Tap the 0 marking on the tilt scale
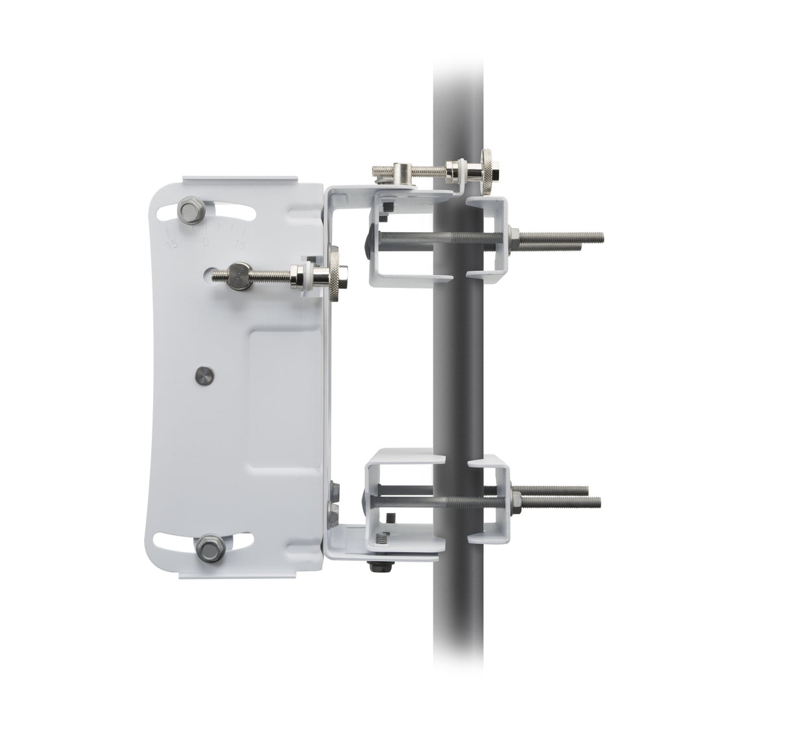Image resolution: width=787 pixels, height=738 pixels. click(x=206, y=241)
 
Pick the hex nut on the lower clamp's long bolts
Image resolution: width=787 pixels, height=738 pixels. click(x=517, y=499)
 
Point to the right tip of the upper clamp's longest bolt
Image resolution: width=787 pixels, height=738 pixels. click(x=602, y=237)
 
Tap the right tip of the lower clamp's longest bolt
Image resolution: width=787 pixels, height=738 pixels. click(x=600, y=502)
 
